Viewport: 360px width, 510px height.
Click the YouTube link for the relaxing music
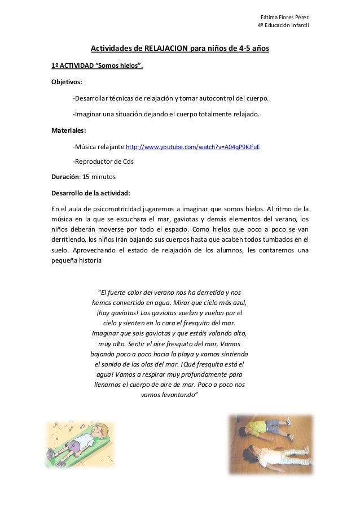point(192,147)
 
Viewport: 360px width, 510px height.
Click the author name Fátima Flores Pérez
point(283,15)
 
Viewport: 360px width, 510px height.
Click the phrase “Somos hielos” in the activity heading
point(116,66)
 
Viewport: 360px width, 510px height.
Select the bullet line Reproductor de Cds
point(103,162)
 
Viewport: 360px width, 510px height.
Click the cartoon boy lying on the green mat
point(79,443)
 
